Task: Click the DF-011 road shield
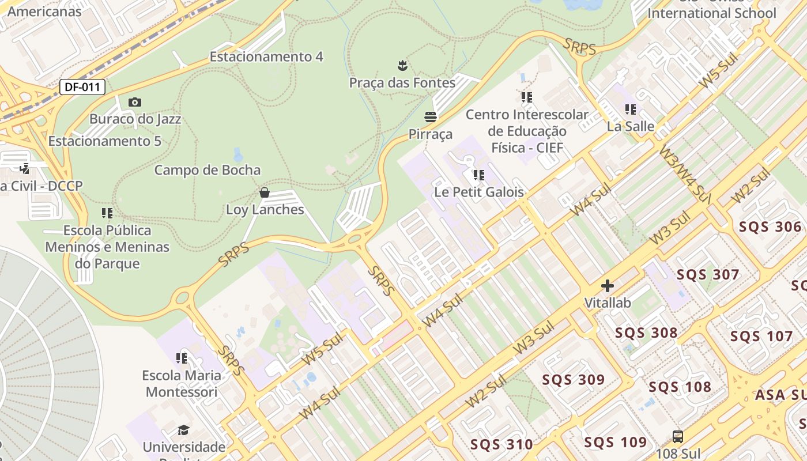coord(82,88)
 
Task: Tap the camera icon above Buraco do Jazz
coord(135,102)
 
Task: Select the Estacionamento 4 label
coord(266,56)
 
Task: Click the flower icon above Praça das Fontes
coord(402,65)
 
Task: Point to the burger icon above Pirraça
coord(431,117)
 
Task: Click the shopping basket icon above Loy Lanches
coord(265,192)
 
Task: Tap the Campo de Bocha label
coord(208,170)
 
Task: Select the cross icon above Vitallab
coord(608,286)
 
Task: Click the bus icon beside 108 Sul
coord(678,437)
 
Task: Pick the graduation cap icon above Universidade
coord(183,430)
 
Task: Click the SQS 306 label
coord(770,226)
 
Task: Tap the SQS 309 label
coord(573,379)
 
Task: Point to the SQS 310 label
coord(501,444)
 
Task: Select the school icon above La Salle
coord(631,109)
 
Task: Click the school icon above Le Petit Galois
coord(478,175)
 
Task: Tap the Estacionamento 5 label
coord(104,141)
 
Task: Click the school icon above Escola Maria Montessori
coord(182,358)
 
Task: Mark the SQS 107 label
coord(761,336)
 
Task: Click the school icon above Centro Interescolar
coord(527,97)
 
